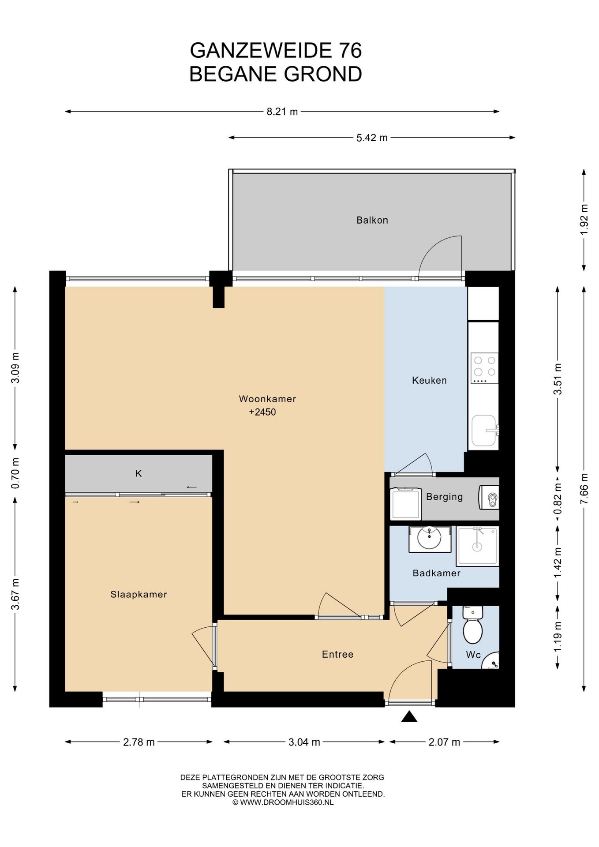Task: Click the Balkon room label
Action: [372, 220]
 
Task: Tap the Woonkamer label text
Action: [267, 399]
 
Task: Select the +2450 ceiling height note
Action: [262, 412]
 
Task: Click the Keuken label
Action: [429, 380]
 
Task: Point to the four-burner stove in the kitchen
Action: [484, 368]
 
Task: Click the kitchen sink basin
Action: [484, 431]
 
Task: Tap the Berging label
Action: [444, 497]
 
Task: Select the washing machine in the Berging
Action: [405, 503]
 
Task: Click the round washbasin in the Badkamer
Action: [430, 539]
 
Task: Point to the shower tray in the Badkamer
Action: [477, 546]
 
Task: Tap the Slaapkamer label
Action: [139, 594]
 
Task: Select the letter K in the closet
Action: [139, 473]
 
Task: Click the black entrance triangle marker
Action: [409, 716]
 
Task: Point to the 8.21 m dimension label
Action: [282, 112]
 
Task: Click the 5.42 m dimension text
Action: [372, 138]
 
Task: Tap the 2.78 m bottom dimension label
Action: [139, 742]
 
